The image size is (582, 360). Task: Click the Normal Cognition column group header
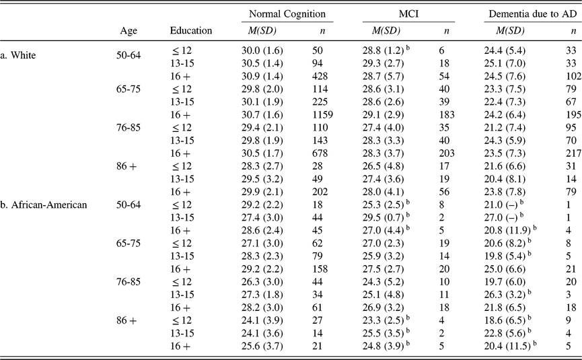coord(287,14)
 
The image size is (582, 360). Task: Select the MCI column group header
coord(408,14)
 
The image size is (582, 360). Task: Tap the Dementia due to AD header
coord(533,14)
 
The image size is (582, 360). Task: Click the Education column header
coord(191,30)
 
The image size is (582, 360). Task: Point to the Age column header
coord(129,31)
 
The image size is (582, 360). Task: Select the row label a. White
coord(17,55)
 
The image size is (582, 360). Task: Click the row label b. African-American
coord(44,205)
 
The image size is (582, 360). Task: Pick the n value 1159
coord(322,114)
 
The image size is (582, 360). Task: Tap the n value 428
coord(320,76)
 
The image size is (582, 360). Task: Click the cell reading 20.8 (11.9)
coord(507,231)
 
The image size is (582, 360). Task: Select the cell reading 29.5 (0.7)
coord(383,217)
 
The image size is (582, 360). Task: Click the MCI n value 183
coord(446,114)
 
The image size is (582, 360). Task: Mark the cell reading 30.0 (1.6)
coord(262,50)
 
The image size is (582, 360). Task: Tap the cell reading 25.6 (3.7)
coord(262,347)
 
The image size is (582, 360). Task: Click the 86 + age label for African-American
coord(126,320)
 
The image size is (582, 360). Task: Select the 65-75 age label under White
coord(129,89)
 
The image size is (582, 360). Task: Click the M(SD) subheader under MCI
coord(386,30)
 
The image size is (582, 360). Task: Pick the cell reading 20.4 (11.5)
coord(507,347)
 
